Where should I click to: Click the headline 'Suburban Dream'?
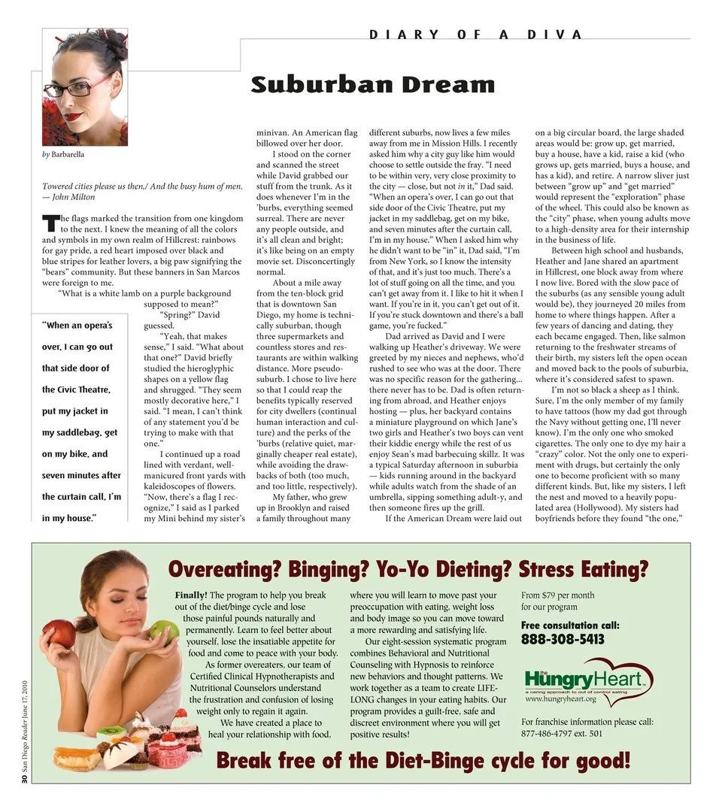[x=372, y=83]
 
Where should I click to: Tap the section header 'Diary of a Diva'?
[x=476, y=35]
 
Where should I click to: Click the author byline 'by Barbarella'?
[x=63, y=155]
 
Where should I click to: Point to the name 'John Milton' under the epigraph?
[x=72, y=197]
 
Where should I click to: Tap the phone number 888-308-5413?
[x=563, y=640]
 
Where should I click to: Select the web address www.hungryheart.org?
[x=560, y=698]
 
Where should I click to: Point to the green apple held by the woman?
[x=165, y=629]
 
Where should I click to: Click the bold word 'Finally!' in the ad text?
[x=191, y=595]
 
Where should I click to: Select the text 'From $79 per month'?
[x=557, y=595]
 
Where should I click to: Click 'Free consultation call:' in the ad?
[x=570, y=625]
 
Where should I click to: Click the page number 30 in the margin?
[x=24, y=780]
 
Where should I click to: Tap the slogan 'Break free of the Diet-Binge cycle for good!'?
[x=423, y=761]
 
